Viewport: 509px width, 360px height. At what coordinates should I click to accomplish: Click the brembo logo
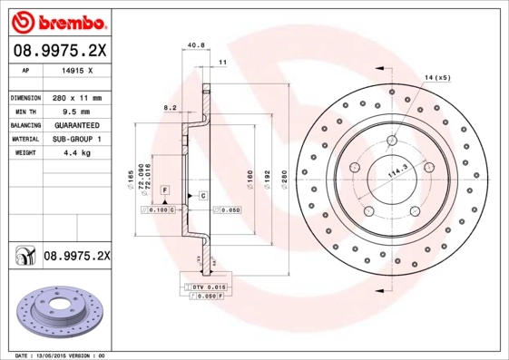[59, 20]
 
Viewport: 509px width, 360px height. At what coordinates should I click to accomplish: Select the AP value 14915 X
[75, 69]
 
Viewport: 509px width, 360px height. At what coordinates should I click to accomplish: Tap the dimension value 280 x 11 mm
[75, 97]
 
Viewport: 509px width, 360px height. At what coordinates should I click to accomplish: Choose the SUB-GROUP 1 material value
[75, 139]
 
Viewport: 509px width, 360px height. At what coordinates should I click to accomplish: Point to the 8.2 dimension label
[169, 107]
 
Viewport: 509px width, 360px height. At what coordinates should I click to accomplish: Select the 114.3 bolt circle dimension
[396, 171]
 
